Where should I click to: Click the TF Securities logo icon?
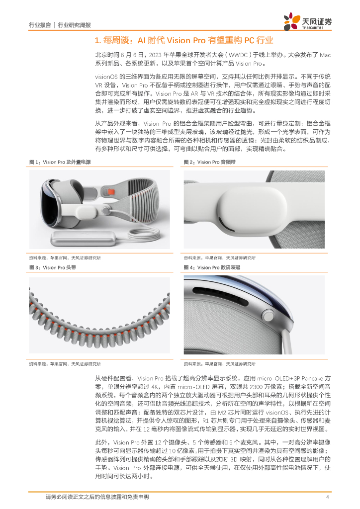coord(291,21)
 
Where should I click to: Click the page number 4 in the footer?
coord(328,497)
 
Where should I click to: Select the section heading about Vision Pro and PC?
coord(184,40)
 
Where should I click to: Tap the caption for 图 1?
coord(60,162)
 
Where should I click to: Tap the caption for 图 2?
coord(210,162)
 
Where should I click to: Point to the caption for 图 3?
coord(53,267)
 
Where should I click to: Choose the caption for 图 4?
coord(212,267)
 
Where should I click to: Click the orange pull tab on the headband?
coord(111,192)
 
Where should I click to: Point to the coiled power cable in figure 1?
coord(143,235)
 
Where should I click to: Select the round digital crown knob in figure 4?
coord(268,316)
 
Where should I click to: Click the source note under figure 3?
coord(65,364)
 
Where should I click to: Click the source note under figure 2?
coord(220,258)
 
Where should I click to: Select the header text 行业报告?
coord(40,25)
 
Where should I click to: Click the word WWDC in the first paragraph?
coord(238,55)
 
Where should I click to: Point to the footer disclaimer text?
coord(97,497)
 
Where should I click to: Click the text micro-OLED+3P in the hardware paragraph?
coord(278,378)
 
